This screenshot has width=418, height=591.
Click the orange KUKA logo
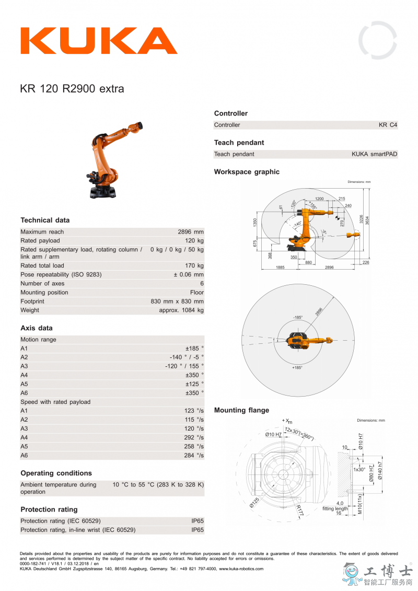[99, 41]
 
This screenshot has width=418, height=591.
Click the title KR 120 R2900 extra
[72, 89]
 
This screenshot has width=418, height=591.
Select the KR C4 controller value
[388, 125]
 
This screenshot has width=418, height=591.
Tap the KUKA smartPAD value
[374, 154]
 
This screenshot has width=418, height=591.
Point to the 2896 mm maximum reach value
[191, 232]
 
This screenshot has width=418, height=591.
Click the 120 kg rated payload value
[193, 241]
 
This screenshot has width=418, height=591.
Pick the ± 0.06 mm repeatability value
[189, 274]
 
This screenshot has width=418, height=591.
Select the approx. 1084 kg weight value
[181, 310]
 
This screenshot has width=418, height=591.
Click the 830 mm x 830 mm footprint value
[177, 302]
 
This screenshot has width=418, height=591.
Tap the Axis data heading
[37, 328]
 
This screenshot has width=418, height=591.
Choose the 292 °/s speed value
[193, 437]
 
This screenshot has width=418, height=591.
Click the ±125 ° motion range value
[194, 384]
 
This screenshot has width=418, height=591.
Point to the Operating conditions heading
[56, 473]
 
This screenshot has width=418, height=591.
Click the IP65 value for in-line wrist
[198, 530]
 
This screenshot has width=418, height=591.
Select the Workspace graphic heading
[247, 172]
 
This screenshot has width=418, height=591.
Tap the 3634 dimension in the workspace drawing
[367, 220]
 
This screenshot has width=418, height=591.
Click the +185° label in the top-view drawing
[297, 368]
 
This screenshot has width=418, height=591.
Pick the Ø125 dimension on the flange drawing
[255, 502]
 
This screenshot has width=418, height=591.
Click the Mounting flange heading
[241, 410]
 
